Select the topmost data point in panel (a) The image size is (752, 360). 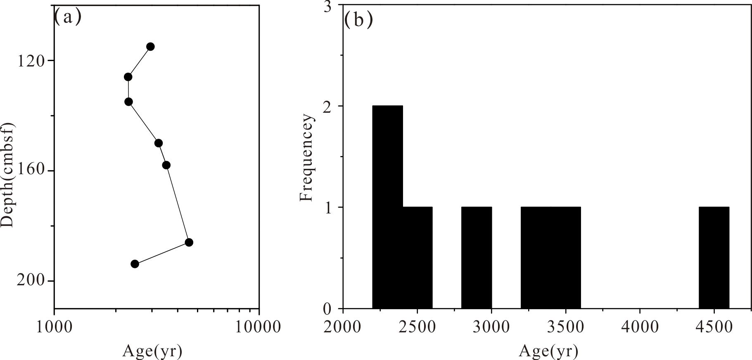point(150,47)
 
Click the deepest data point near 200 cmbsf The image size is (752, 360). point(135,264)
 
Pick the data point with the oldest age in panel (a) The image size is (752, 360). point(189,242)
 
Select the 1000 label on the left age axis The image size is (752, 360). point(54,327)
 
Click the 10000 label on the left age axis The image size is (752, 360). point(259,327)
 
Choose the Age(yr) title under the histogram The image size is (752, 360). point(548,351)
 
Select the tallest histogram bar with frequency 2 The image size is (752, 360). point(387,206)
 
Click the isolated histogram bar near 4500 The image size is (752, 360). point(714,258)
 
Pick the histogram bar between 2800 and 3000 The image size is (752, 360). point(476,258)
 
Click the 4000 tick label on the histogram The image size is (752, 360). point(639,327)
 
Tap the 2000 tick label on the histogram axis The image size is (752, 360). point(343,327)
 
